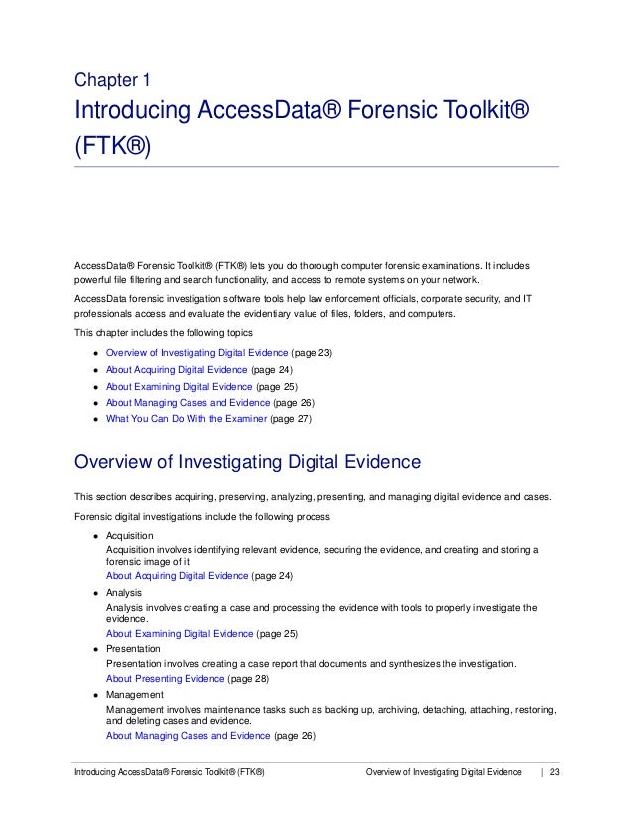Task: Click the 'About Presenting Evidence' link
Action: tap(164, 679)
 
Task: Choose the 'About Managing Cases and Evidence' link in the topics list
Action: tap(188, 402)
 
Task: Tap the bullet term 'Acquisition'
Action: tap(130, 536)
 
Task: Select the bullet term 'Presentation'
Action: tap(134, 649)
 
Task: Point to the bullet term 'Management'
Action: tap(134, 696)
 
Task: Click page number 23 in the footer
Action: tap(555, 771)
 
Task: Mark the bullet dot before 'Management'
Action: tap(95, 697)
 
